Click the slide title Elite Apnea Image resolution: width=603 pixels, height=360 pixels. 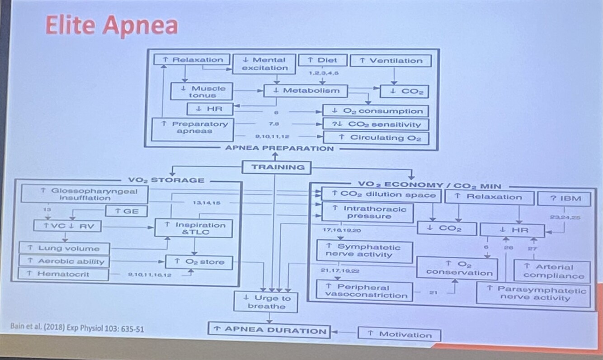(111, 25)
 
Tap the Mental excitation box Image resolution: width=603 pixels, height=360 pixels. (264, 64)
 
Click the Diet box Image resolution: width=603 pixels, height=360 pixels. (322, 60)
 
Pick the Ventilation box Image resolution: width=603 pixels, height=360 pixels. (391, 61)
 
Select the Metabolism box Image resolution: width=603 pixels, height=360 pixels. (306, 91)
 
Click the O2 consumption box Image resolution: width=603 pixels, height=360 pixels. (376, 111)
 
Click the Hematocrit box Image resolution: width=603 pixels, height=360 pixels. (64, 274)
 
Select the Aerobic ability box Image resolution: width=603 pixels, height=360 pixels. (64, 261)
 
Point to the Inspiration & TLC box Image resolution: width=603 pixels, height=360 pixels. (194, 228)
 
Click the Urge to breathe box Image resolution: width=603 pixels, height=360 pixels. (266, 302)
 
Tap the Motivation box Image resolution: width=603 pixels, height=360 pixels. (399, 335)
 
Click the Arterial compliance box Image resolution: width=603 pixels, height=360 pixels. (552, 271)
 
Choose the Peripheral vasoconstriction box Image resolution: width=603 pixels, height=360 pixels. (365, 291)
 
